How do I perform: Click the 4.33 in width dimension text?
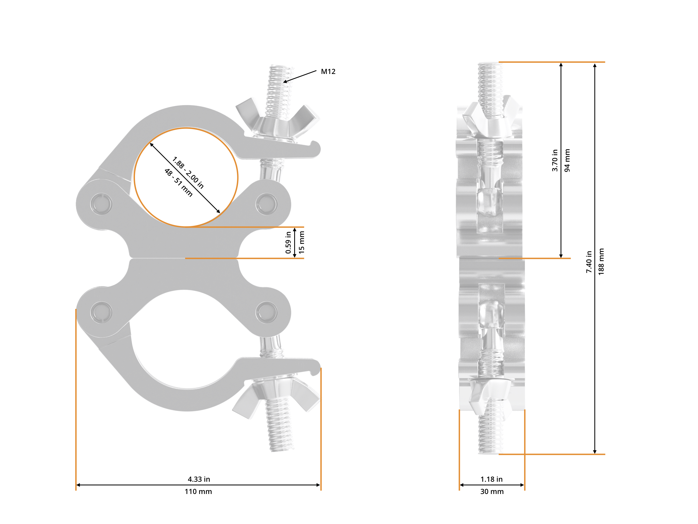tap(199, 479)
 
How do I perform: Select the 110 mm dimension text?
tap(198, 492)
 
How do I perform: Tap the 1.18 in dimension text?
tap(491, 479)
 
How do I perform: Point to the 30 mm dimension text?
tap(492, 492)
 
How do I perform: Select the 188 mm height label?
tap(601, 261)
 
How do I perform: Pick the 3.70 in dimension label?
tap(555, 160)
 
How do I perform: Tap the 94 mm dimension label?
tap(567, 160)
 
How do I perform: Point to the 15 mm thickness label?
tap(302, 242)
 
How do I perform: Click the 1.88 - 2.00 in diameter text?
tap(188, 172)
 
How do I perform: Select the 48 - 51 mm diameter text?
tap(178, 183)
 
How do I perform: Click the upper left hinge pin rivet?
tap(101, 204)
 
